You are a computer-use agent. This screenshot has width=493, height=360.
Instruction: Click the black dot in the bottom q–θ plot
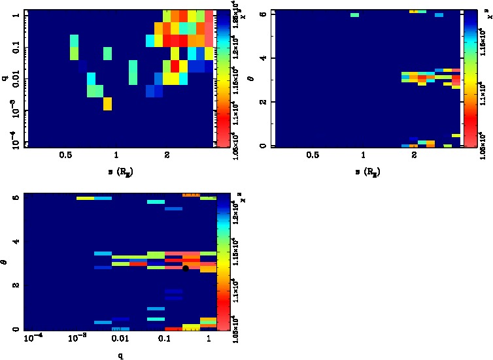(186, 268)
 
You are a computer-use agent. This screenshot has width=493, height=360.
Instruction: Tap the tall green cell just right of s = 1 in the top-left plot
(133, 72)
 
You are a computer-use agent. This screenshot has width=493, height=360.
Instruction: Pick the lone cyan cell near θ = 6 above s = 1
(354, 14)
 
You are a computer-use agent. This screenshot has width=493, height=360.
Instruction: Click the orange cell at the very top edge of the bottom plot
(190, 195)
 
